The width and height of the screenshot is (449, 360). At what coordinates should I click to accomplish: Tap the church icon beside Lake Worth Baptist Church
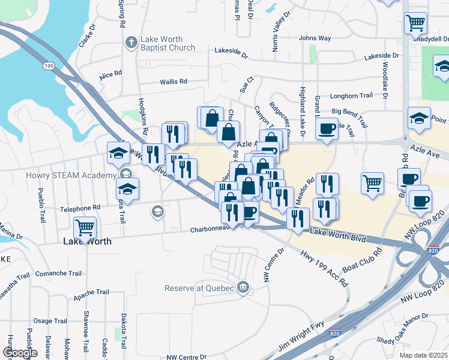[130, 43]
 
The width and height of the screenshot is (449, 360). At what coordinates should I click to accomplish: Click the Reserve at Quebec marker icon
[243, 287]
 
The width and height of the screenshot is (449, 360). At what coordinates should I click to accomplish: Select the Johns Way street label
[315, 38]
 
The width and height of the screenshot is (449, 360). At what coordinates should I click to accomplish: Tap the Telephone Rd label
[80, 208]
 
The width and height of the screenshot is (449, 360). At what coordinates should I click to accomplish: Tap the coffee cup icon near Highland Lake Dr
[326, 130]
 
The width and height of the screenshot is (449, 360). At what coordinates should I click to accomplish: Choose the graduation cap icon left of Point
[419, 118]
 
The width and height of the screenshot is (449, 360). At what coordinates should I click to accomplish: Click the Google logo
[20, 353]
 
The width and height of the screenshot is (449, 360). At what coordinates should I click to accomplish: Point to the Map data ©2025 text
[423, 355]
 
